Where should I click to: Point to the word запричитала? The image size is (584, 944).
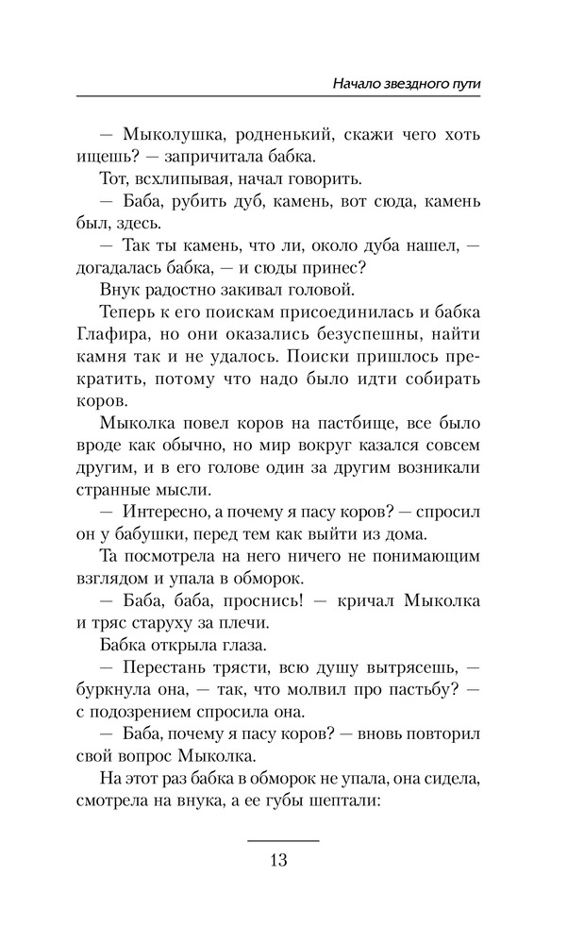[x=216, y=156]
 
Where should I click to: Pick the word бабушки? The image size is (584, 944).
[x=152, y=533]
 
